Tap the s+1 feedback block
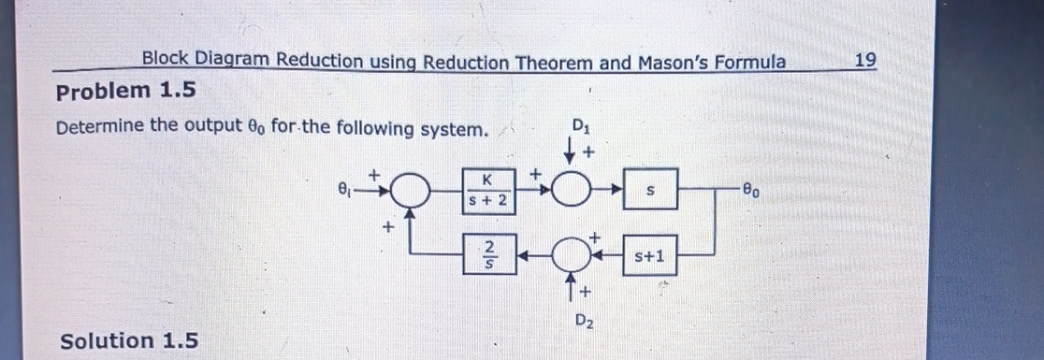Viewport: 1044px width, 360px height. tap(649, 253)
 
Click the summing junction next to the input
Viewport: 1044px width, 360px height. tap(409, 191)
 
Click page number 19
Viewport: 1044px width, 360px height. tap(865, 61)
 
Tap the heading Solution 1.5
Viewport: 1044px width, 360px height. tap(129, 340)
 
